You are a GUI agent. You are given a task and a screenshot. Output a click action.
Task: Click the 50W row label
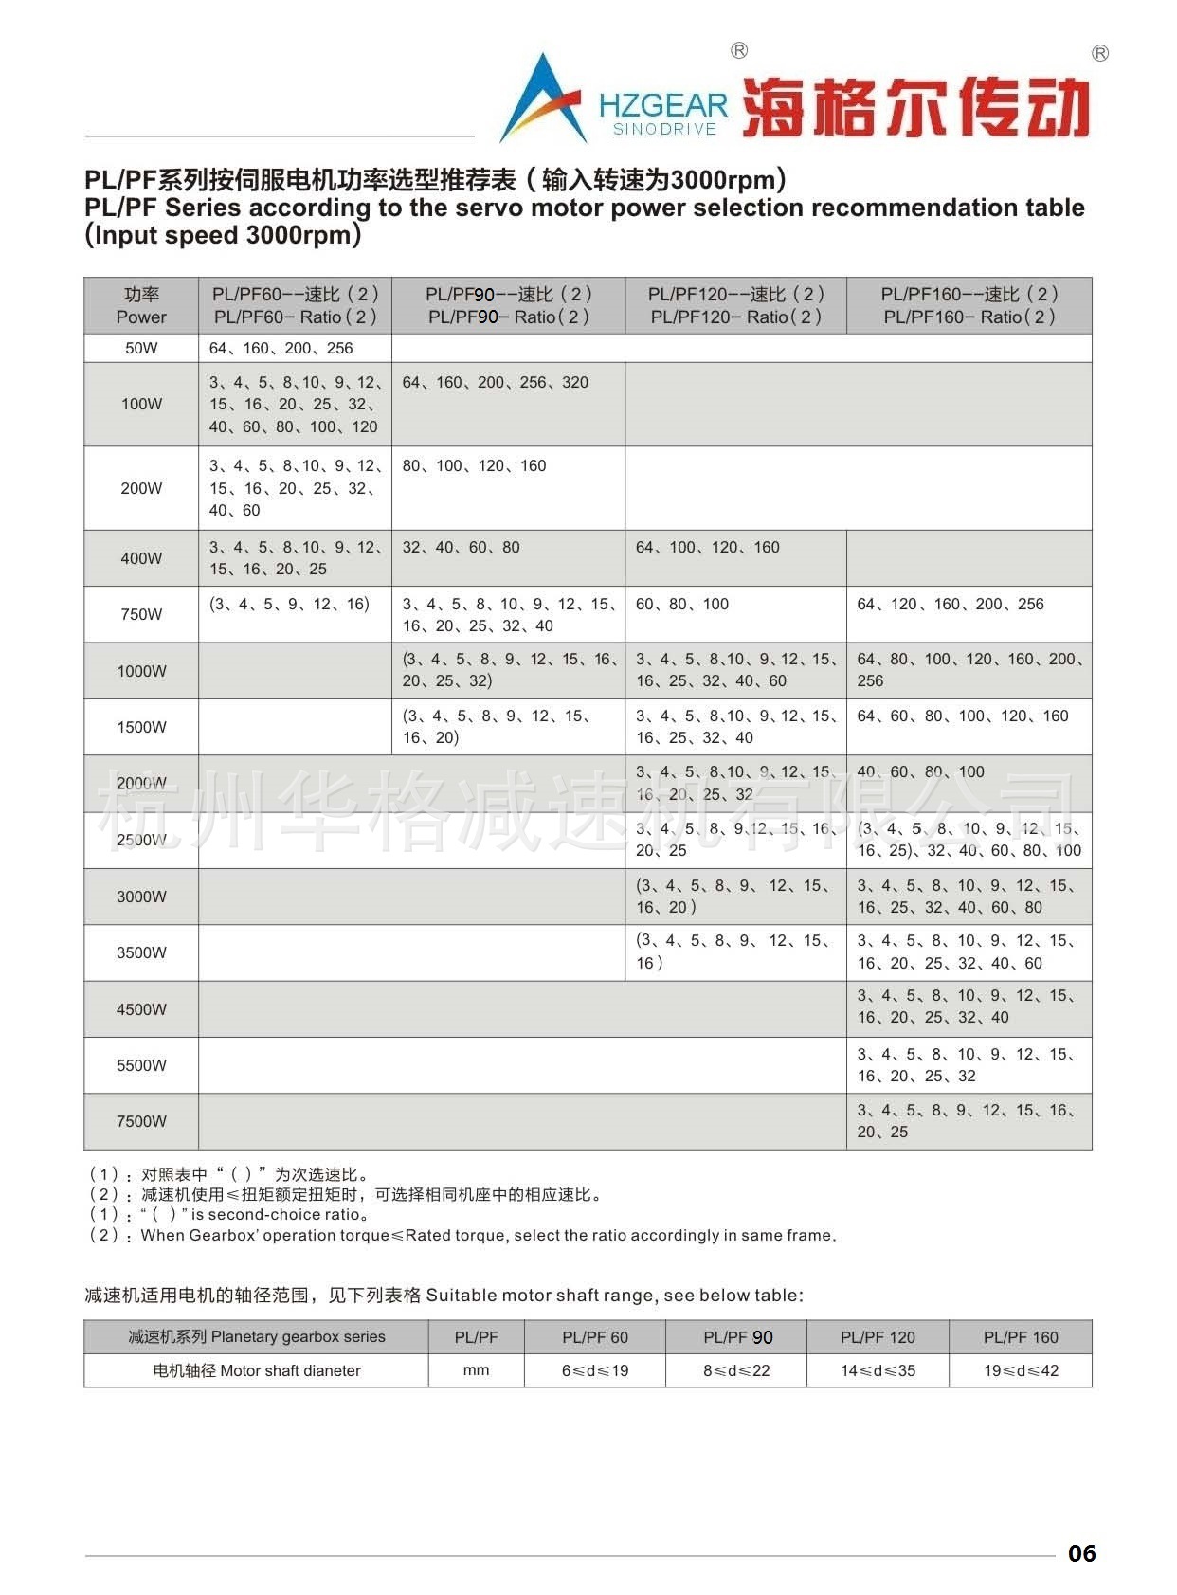click(141, 348)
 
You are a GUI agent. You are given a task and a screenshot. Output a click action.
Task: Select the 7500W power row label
click(141, 1121)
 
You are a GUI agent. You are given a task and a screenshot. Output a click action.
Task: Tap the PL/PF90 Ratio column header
click(508, 305)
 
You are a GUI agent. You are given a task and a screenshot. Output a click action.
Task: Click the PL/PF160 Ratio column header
click(969, 305)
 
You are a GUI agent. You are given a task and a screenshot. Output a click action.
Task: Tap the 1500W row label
click(141, 727)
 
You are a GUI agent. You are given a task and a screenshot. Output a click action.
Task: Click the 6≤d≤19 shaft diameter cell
click(595, 1370)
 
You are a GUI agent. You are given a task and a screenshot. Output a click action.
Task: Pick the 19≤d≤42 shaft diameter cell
click(1021, 1370)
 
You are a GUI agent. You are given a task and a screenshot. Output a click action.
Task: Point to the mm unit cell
click(476, 1370)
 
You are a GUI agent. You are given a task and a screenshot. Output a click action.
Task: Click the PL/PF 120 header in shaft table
click(878, 1337)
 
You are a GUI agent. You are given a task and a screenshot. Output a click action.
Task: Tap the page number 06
click(1081, 1553)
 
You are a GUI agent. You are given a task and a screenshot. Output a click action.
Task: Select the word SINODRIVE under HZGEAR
click(663, 130)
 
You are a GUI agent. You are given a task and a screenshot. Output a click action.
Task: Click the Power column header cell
click(141, 305)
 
